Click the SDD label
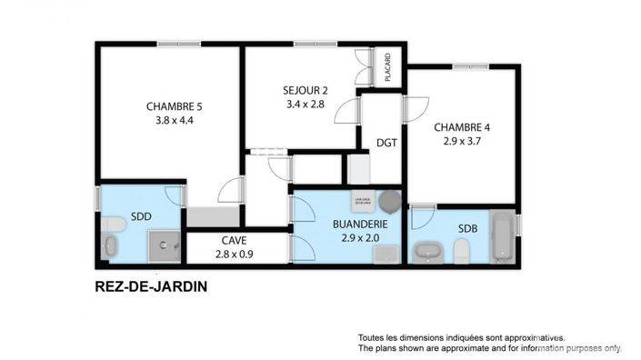[x=141, y=217]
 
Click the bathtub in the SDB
[x=502, y=235]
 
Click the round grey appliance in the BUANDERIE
[x=390, y=200]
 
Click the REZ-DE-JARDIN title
[x=151, y=286]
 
